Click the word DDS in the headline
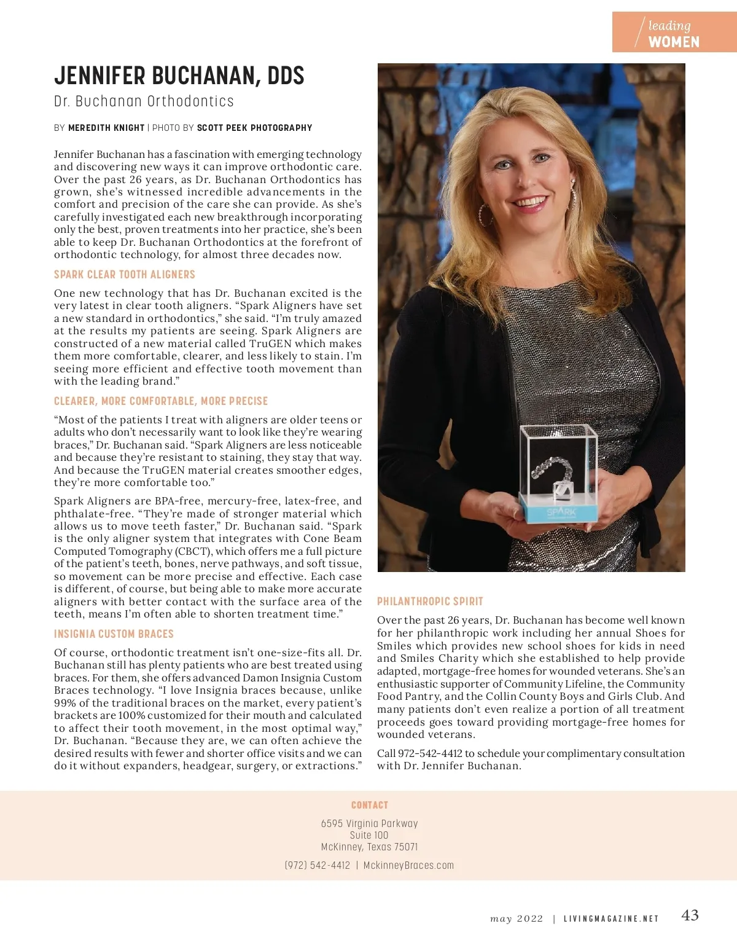tap(286, 76)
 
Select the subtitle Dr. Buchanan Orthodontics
tap(144, 101)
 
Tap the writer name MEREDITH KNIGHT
tap(106, 128)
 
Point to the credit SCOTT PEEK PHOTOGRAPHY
tap(254, 128)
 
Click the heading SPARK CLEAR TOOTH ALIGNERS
tap(124, 275)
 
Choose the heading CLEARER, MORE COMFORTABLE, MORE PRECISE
tap(161, 401)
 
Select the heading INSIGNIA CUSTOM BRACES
tap(114, 634)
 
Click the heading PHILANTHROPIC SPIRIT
tap(430, 602)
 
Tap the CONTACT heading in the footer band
tap(369, 805)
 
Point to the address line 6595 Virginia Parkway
tap(369, 823)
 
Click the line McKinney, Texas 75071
tap(369, 847)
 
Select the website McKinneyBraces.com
tap(408, 865)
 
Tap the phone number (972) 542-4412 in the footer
tap(317, 865)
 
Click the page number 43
tap(690, 916)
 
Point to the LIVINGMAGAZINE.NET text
tap(610, 919)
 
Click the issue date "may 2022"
tap(517, 919)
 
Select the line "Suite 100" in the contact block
tap(369, 835)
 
